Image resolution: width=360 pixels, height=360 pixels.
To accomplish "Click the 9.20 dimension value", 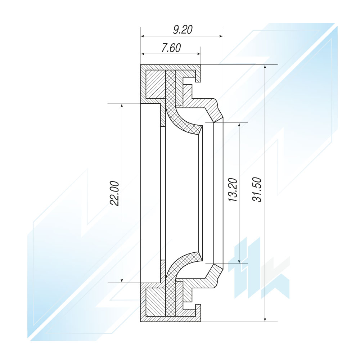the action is pos(183,30).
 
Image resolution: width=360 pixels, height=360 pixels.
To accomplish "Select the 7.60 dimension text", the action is pos(171,48).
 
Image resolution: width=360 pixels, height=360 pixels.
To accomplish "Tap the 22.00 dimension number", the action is pos(114,194).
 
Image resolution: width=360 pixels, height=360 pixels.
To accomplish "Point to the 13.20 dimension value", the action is pos(233,190).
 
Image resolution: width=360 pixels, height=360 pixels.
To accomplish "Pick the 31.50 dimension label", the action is pos(257,190).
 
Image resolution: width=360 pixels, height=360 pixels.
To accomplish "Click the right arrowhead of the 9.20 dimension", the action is pos(221,36).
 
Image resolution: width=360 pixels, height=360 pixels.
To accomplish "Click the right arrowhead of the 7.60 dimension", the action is pos(199,54).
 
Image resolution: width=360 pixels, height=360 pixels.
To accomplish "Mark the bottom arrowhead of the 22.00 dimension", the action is pos(122,280).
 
